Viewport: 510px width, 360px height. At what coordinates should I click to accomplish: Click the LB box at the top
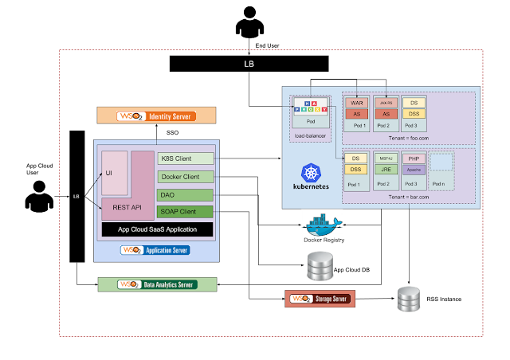(x=249, y=64)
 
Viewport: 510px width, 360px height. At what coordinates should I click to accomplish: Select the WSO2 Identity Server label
(x=156, y=116)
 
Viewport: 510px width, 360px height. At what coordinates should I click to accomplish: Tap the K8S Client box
(x=186, y=158)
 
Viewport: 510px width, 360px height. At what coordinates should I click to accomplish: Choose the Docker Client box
(x=186, y=177)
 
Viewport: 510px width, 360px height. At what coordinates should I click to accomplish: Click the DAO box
(x=186, y=194)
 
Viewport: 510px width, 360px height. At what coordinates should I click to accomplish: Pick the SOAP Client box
(x=186, y=212)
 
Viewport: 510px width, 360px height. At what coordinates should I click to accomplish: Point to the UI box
(x=115, y=172)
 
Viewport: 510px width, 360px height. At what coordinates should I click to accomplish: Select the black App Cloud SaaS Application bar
(x=158, y=229)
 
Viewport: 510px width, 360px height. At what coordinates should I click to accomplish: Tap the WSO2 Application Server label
(x=155, y=250)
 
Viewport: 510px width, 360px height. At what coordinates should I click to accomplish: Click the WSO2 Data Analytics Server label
(x=157, y=284)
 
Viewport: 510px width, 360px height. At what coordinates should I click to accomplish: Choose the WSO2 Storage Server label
(x=320, y=299)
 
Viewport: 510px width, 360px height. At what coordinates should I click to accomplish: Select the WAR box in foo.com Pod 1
(x=357, y=103)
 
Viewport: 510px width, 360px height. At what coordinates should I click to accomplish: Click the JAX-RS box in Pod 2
(x=386, y=103)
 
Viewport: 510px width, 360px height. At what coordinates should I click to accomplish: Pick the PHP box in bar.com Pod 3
(x=414, y=159)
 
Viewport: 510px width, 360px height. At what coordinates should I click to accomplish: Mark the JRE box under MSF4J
(x=386, y=170)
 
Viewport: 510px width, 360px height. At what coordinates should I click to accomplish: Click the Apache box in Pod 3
(x=414, y=170)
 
